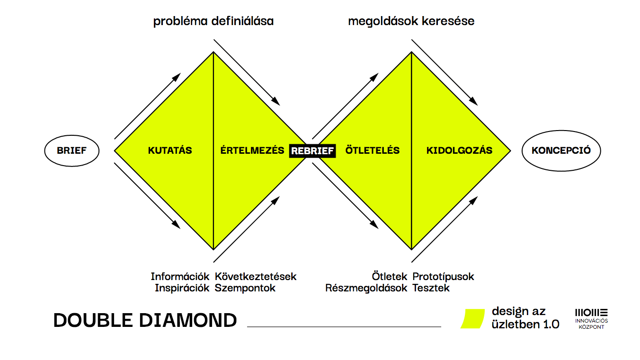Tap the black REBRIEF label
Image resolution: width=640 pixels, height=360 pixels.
click(x=312, y=151)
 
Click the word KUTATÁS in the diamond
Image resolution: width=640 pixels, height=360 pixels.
click(x=170, y=150)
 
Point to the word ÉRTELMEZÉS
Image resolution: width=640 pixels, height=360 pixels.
click(x=252, y=150)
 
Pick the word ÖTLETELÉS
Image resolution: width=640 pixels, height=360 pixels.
click(x=372, y=150)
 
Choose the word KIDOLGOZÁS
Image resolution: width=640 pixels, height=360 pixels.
click(x=460, y=150)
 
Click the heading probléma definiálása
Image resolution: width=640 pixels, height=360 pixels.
click(x=213, y=21)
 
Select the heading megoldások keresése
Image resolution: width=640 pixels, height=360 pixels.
click(x=411, y=21)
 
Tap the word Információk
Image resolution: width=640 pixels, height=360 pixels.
click(x=180, y=276)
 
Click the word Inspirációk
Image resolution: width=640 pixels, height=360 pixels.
click(x=182, y=288)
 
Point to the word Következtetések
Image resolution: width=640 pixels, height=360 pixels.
click(x=256, y=276)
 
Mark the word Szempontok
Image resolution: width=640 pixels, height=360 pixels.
click(x=245, y=288)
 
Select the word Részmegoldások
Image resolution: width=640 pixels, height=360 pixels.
click(x=366, y=288)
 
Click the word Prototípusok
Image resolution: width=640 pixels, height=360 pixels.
click(x=443, y=277)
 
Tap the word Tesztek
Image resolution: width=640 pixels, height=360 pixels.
click(x=431, y=288)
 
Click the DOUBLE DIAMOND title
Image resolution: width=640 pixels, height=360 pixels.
click(x=145, y=320)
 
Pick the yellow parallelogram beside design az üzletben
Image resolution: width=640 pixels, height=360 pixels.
click(x=472, y=318)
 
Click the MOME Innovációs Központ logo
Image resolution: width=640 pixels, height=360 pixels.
click(x=591, y=319)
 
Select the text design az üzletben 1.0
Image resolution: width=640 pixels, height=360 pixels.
click(x=525, y=318)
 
